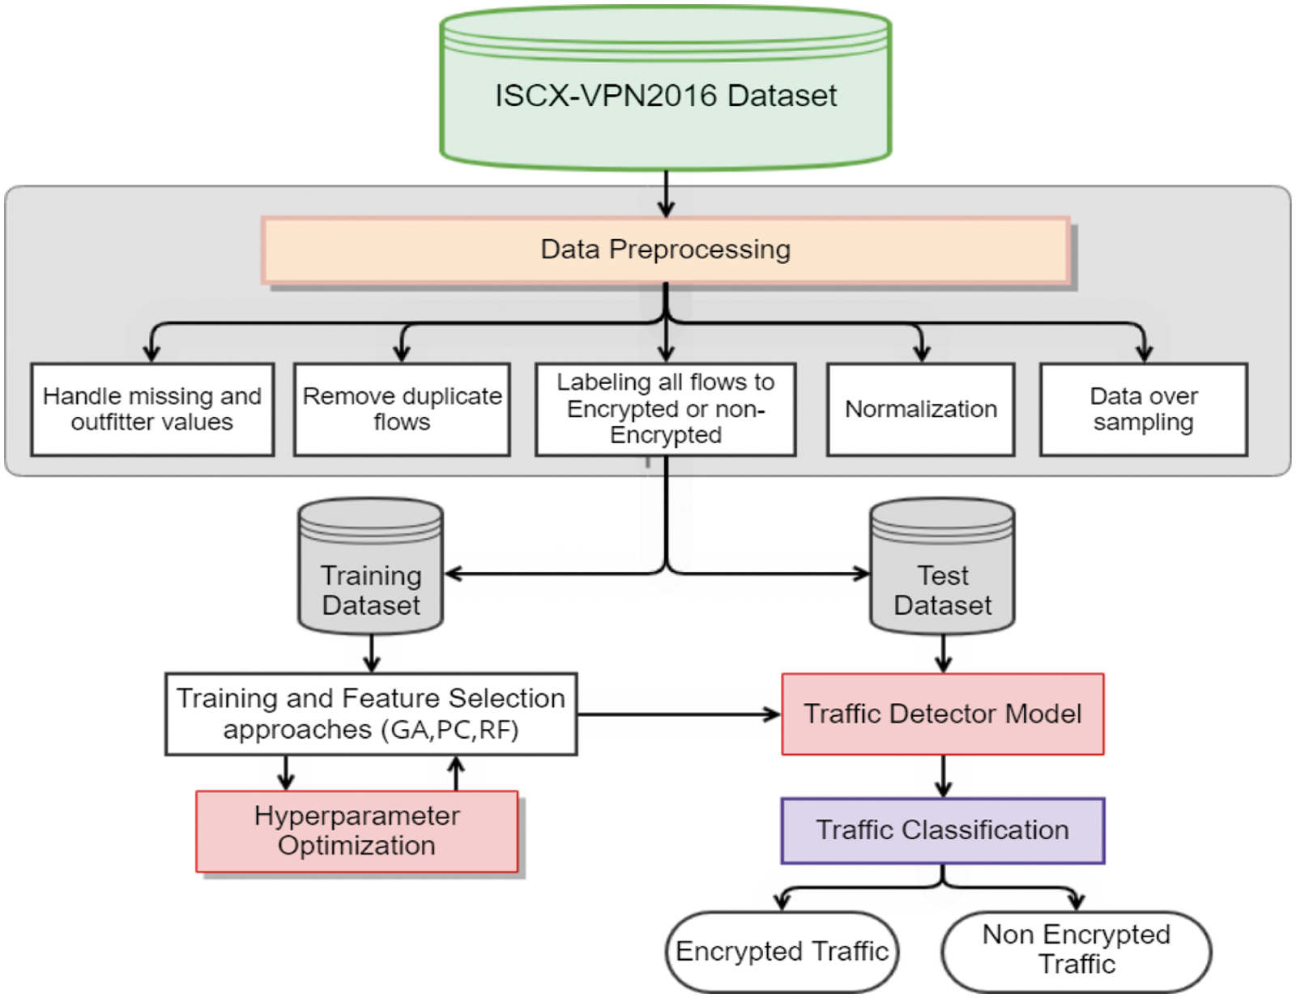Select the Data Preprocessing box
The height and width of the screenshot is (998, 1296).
(665, 249)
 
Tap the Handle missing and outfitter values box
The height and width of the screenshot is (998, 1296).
(152, 409)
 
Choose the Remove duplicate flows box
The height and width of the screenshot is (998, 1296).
(402, 409)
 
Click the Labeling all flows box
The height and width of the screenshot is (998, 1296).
(665, 408)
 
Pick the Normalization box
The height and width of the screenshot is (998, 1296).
(920, 409)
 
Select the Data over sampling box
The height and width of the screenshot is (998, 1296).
(1143, 409)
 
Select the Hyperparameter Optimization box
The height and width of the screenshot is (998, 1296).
(356, 831)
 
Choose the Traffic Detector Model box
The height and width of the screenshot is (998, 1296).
(942, 714)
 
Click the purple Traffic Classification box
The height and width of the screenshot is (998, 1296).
(942, 830)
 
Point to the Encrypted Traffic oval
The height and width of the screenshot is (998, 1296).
(782, 951)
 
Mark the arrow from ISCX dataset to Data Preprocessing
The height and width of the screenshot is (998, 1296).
(666, 194)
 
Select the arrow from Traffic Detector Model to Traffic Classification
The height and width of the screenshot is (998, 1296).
(943, 776)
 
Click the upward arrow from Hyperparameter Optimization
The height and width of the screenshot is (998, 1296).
(457, 774)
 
